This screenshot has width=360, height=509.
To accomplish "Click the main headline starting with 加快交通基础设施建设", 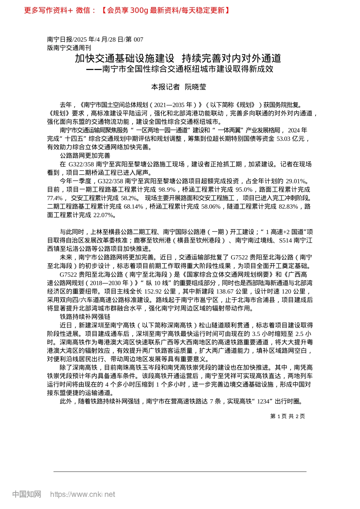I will click(178, 58).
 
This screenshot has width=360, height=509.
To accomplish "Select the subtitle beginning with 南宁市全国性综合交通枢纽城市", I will click(183, 69).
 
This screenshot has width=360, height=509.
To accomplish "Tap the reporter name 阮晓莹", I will click(195, 87).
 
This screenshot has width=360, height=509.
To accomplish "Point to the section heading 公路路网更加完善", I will click(85, 156).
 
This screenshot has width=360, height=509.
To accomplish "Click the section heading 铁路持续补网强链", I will click(85, 317).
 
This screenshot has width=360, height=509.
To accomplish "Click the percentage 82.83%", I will click(288, 206).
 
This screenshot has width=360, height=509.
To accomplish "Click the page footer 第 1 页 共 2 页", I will click(288, 416).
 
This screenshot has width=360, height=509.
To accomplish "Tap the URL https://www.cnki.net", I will click(83, 494).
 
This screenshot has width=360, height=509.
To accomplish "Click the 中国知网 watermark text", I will click(27, 494).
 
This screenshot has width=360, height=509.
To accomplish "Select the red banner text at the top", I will click(127, 10).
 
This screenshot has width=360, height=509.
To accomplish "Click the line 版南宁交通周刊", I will click(69, 48).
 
